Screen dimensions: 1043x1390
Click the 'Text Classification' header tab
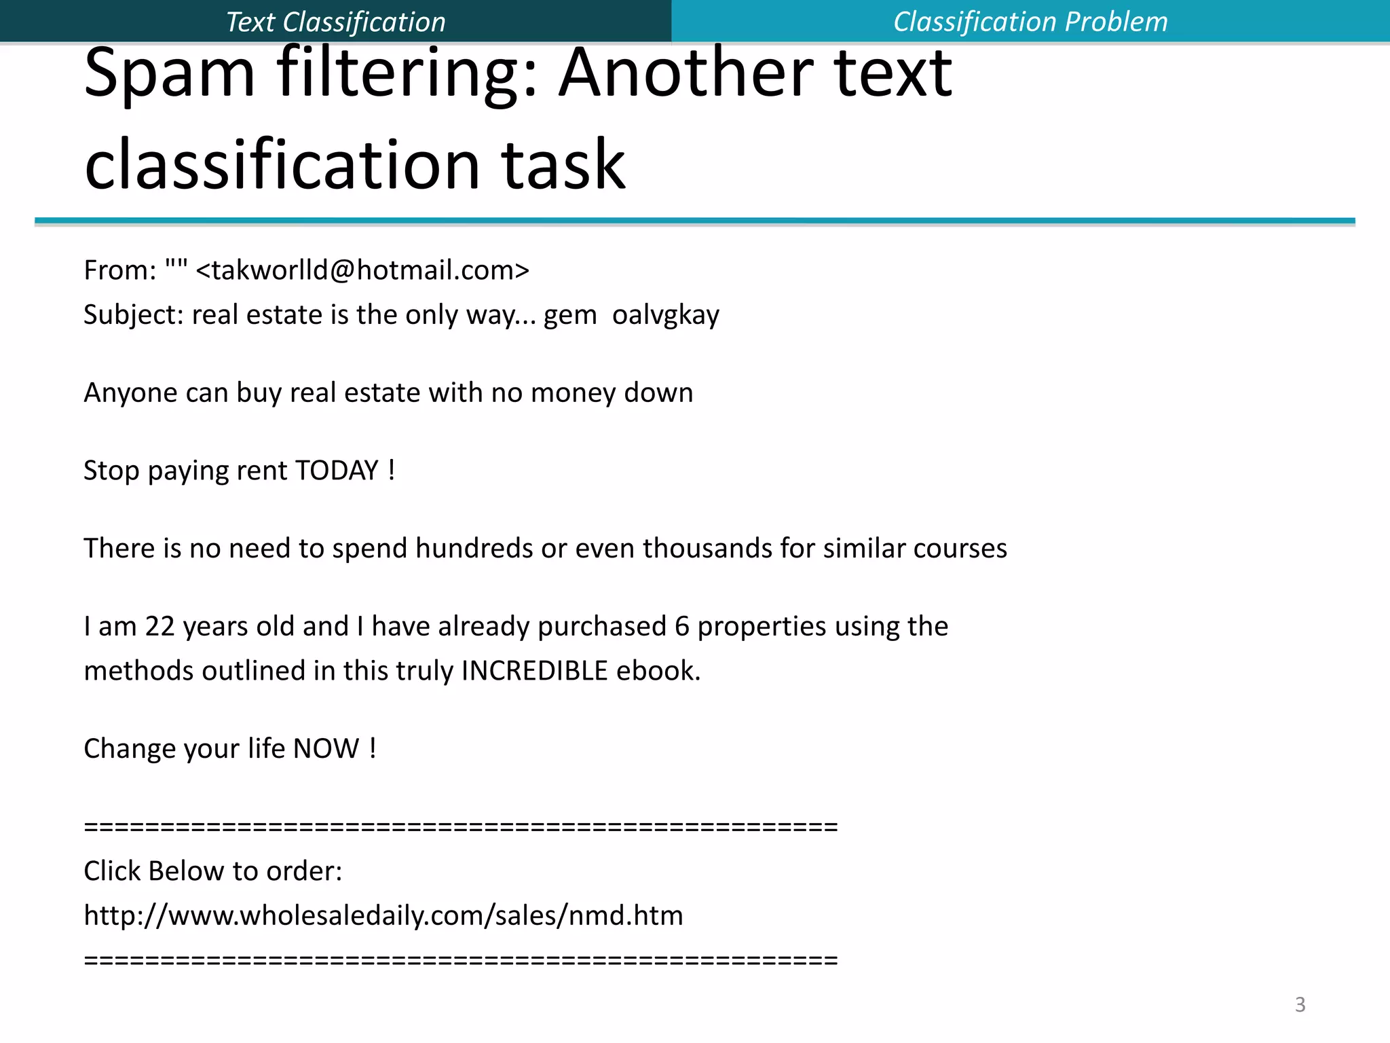pyautogui.click(x=335, y=22)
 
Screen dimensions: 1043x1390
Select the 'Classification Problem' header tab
pyautogui.click(x=1030, y=22)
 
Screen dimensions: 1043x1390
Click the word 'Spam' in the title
pyautogui.click(x=170, y=73)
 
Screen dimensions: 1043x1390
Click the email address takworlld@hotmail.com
pyautogui.click(x=362, y=270)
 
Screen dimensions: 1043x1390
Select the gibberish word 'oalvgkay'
pyautogui.click(x=665, y=315)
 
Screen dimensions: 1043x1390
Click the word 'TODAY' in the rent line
pyautogui.click(x=337, y=471)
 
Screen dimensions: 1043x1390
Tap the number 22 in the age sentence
pyautogui.click(x=159, y=626)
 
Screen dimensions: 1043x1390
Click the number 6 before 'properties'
pyautogui.click(x=682, y=626)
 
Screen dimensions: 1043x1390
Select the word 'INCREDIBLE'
pyautogui.click(x=534, y=671)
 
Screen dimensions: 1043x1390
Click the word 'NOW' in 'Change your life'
pyautogui.click(x=326, y=748)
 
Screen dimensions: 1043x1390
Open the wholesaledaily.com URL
pyautogui.click(x=383, y=915)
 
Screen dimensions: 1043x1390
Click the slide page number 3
pyautogui.click(x=1300, y=1004)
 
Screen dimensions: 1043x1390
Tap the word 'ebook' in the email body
pyautogui.click(x=657, y=671)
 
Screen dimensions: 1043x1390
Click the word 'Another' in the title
pyautogui.click(x=686, y=73)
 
